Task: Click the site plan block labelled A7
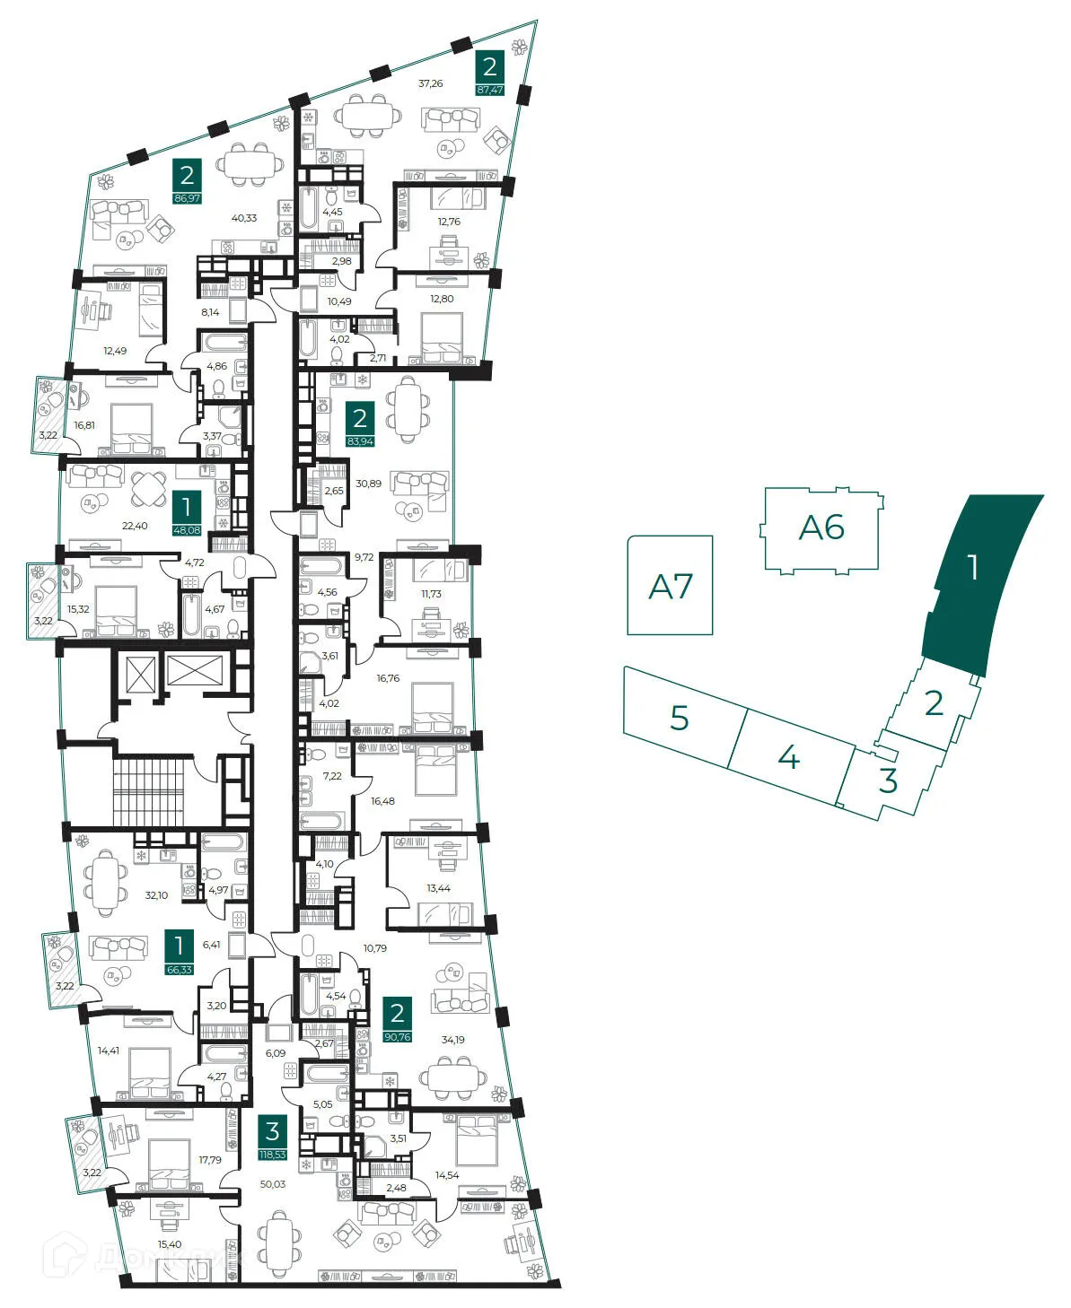pyautogui.click(x=670, y=586)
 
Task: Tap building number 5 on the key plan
pyautogui.click(x=680, y=718)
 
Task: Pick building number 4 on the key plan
pyautogui.click(x=788, y=758)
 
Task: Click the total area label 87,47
pyautogui.click(x=489, y=90)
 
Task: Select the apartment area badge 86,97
pyautogui.click(x=187, y=198)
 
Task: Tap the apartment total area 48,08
pyautogui.click(x=187, y=530)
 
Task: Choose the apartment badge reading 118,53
pyautogui.click(x=272, y=1155)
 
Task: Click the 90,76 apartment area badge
pyautogui.click(x=397, y=1037)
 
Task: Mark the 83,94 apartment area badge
pyautogui.click(x=360, y=441)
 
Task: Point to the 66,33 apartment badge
pyautogui.click(x=180, y=969)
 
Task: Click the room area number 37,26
pyautogui.click(x=431, y=83)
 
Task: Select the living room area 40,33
pyautogui.click(x=244, y=218)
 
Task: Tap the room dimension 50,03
pyautogui.click(x=273, y=1184)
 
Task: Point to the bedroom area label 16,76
pyautogui.click(x=388, y=678)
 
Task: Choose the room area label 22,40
pyautogui.click(x=135, y=526)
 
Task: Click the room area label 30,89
pyautogui.click(x=368, y=484)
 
